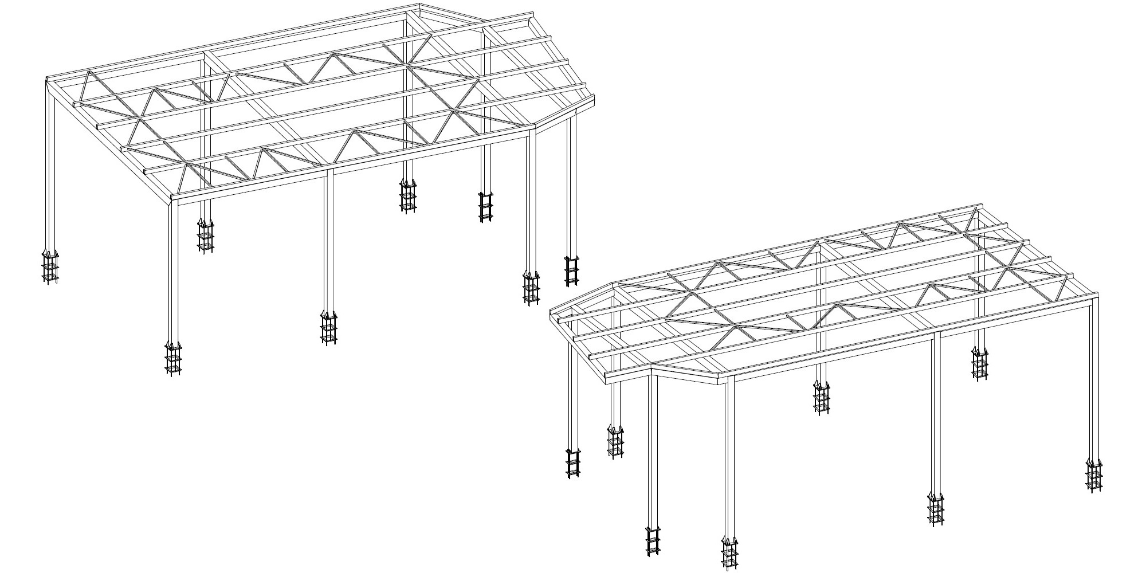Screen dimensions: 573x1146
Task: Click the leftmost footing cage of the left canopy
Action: click(x=50, y=267)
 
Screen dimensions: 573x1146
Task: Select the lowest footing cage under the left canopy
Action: click(x=173, y=358)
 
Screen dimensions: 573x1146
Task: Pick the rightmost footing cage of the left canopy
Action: click(x=571, y=270)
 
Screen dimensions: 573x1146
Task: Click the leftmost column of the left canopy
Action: click(x=50, y=172)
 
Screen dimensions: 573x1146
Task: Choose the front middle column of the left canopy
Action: click(x=329, y=241)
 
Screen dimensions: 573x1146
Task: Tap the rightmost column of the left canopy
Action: click(x=571, y=183)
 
